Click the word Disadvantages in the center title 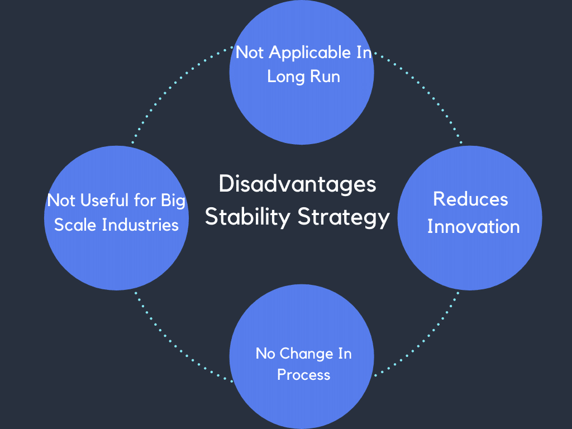click(297, 184)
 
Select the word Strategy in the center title click(343, 217)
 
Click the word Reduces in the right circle click(470, 199)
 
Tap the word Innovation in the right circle click(473, 227)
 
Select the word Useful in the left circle click(98, 201)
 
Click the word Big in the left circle click(173, 201)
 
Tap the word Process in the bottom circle click(303, 375)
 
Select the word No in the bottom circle click(265, 354)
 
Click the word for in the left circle click(143, 201)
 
